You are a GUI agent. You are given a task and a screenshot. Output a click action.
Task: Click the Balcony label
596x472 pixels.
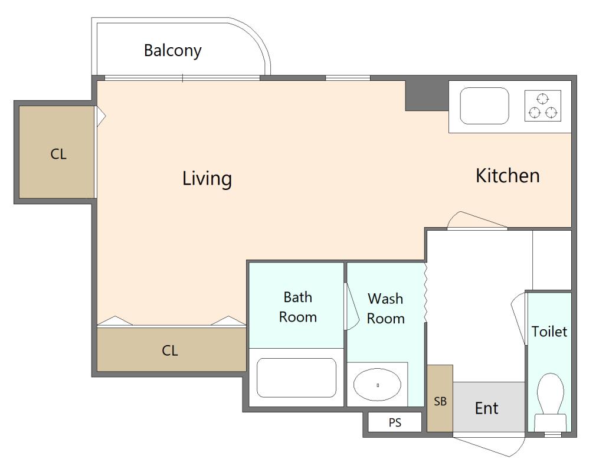pyautogui.click(x=172, y=51)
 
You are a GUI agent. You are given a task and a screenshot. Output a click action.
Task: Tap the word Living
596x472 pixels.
pyautogui.click(x=207, y=179)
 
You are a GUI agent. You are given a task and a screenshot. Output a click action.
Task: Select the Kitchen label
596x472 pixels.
pyautogui.click(x=508, y=176)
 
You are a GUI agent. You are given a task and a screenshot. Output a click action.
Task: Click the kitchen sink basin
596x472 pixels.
pyautogui.click(x=484, y=106)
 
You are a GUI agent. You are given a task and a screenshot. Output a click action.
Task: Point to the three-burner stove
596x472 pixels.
pyautogui.click(x=543, y=106)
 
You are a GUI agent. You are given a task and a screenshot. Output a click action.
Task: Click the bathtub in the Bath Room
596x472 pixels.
pyautogui.click(x=296, y=378)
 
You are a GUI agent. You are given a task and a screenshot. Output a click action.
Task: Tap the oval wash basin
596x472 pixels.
pyautogui.click(x=377, y=385)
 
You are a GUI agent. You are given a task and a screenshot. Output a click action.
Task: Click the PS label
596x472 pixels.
pyautogui.click(x=395, y=422)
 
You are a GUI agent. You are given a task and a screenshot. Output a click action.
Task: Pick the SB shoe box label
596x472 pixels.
pyautogui.click(x=440, y=401)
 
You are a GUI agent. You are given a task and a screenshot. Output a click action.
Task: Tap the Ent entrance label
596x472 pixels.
pyautogui.click(x=486, y=408)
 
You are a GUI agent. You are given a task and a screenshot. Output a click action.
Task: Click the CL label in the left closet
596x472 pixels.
pyautogui.click(x=58, y=154)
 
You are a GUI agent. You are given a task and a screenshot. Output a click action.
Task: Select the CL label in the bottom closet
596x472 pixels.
pyautogui.click(x=170, y=350)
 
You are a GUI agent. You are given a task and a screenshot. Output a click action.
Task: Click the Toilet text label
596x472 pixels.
pyautogui.click(x=549, y=332)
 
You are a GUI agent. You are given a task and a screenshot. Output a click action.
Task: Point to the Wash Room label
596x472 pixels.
pyautogui.click(x=385, y=308)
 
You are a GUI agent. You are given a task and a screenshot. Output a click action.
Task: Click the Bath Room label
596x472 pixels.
pyautogui.click(x=298, y=307)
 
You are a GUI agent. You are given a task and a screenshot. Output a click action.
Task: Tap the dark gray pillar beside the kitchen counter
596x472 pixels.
pyautogui.click(x=427, y=96)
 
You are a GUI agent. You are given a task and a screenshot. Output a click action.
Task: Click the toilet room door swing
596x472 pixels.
pyautogui.click(x=518, y=319)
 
